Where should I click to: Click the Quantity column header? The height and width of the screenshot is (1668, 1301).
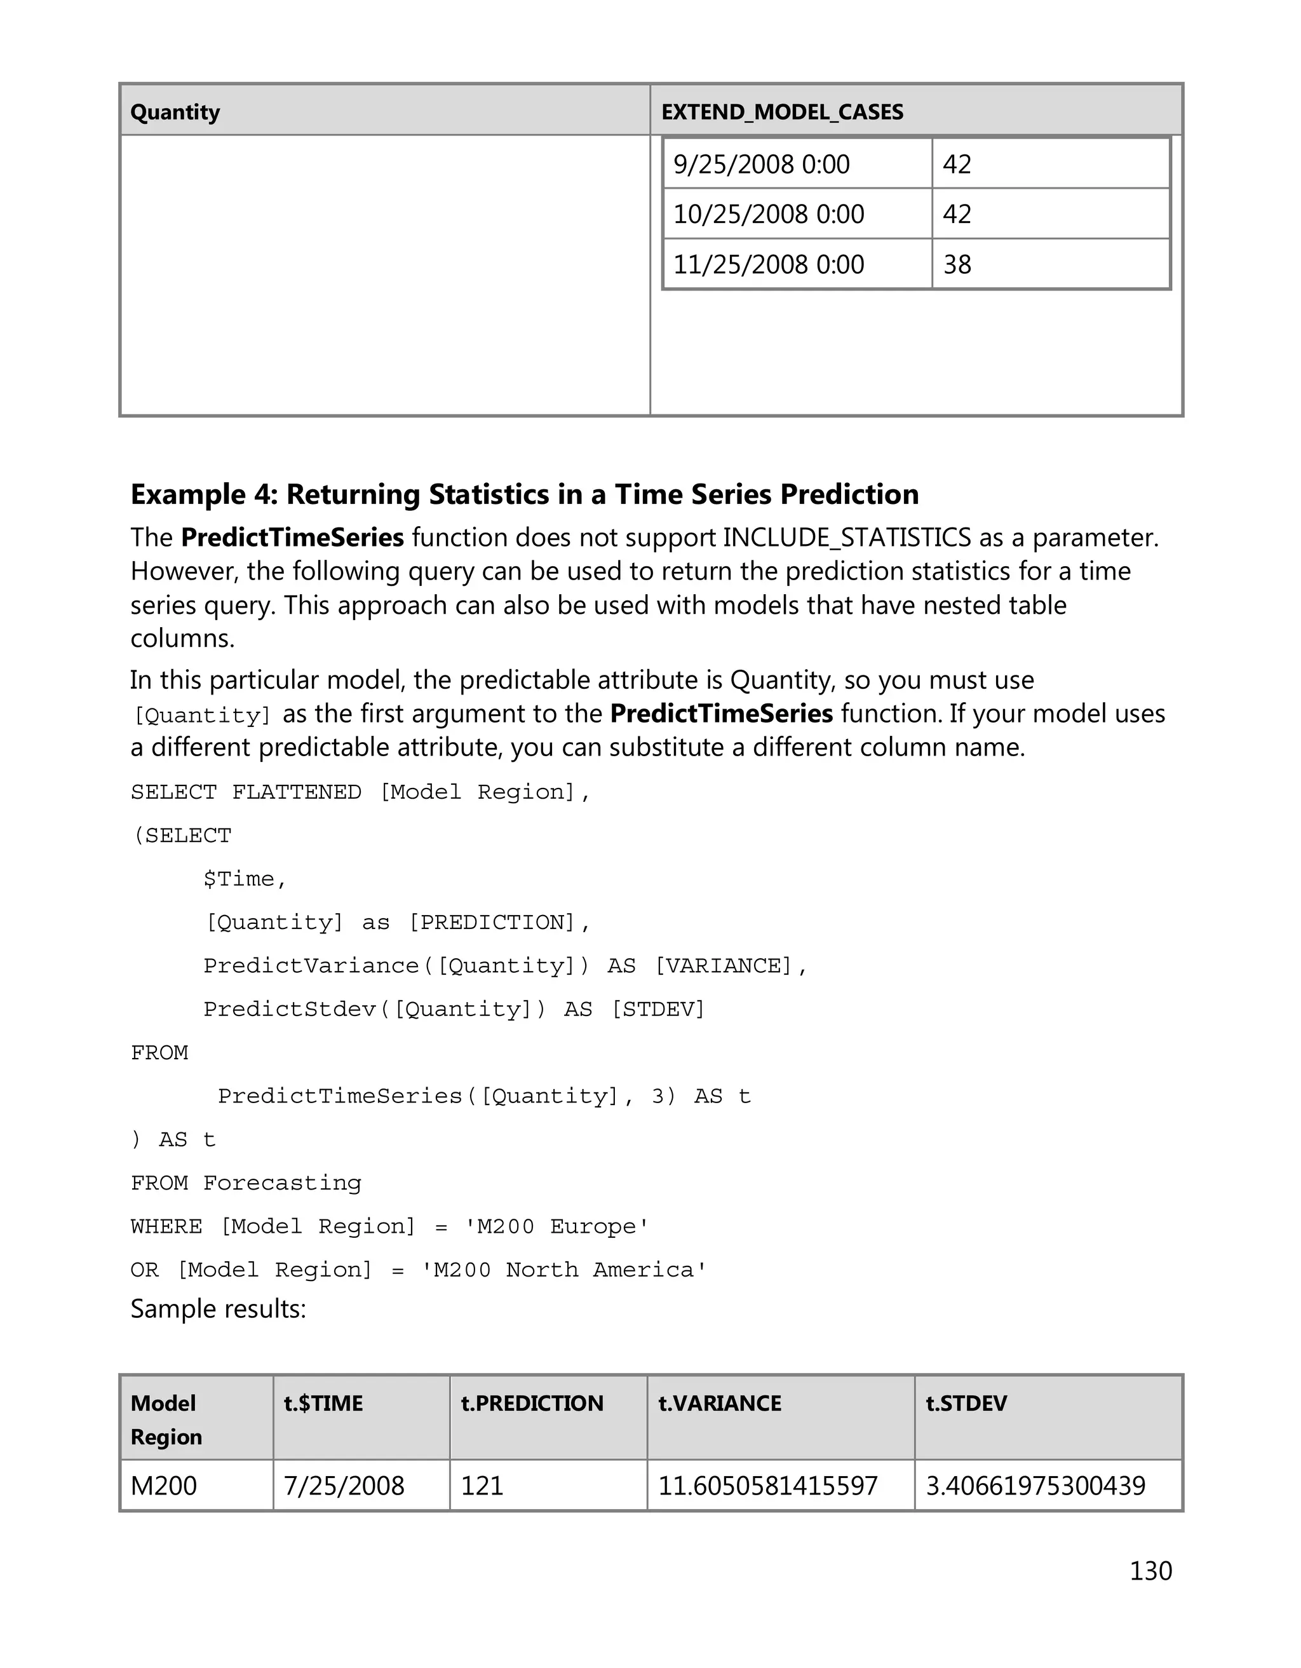pyautogui.click(x=175, y=112)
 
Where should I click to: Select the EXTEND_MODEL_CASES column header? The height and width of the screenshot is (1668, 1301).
pyautogui.click(x=782, y=112)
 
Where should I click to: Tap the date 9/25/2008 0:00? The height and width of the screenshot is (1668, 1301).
pyautogui.click(x=761, y=164)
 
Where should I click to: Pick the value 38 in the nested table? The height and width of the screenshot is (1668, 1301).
pyautogui.click(x=957, y=264)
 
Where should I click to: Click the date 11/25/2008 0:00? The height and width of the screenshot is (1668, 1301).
pyautogui.click(x=768, y=264)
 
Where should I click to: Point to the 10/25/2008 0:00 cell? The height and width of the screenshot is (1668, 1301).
pyautogui.click(x=768, y=214)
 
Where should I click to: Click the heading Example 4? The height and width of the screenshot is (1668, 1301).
pyautogui.click(x=525, y=494)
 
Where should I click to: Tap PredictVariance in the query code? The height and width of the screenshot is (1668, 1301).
pyautogui.click(x=311, y=966)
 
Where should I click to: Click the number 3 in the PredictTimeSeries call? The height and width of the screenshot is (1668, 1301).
pyautogui.click(x=658, y=1097)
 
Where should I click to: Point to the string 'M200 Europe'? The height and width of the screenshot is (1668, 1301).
pyautogui.click(x=557, y=1226)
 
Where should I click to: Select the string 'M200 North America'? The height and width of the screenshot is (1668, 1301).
pyautogui.click(x=564, y=1270)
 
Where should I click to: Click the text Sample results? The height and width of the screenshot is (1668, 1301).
pyautogui.click(x=219, y=1309)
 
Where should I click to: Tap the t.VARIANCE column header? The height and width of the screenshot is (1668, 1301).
pyautogui.click(x=719, y=1403)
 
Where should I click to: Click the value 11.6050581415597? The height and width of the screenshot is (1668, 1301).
pyautogui.click(x=767, y=1486)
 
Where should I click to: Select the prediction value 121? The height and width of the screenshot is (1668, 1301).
pyautogui.click(x=482, y=1486)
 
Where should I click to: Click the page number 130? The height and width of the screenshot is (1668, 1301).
pyautogui.click(x=1150, y=1570)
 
